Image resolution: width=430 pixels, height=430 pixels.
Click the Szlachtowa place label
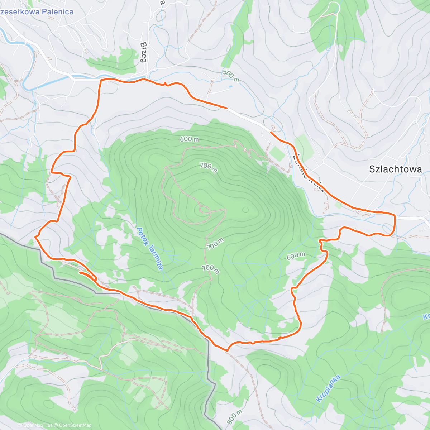pyautogui.click(x=396, y=169)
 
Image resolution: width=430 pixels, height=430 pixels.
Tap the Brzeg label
pyautogui.click(x=144, y=52)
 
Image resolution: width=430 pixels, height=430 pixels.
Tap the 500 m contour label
pyautogui.click(x=230, y=76)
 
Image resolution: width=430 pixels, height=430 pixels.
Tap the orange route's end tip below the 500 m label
pyautogui.click(x=226, y=107)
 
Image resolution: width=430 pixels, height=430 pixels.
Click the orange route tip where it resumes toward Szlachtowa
pyautogui.click(x=271, y=133)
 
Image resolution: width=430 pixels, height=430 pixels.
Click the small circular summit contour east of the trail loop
pyautogui.click(x=245, y=210)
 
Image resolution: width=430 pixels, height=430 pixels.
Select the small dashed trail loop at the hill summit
pyautogui.click(x=204, y=209)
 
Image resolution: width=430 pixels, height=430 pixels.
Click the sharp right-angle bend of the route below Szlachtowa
pyautogui.click(x=395, y=216)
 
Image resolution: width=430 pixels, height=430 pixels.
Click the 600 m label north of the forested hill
pyautogui.click(x=190, y=139)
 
